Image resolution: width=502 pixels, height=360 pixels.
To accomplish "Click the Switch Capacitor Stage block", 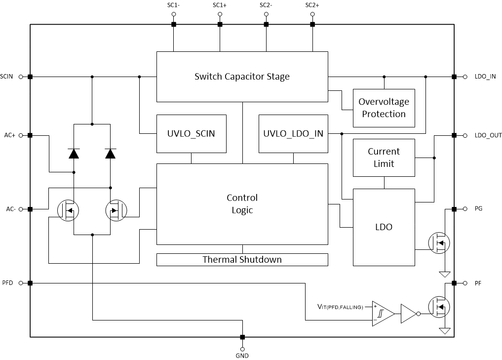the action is pyautogui.click(x=242, y=77).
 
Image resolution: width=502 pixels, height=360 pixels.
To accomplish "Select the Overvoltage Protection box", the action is pyautogui.click(x=384, y=108).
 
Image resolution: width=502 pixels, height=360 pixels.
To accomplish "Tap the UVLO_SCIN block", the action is pyautogui.click(x=191, y=133).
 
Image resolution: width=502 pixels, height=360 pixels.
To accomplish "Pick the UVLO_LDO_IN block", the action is pyautogui.click(x=293, y=133).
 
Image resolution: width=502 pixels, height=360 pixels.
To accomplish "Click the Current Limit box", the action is pyautogui.click(x=384, y=158).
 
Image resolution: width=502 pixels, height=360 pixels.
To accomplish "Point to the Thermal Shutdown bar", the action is pyautogui.click(x=242, y=259).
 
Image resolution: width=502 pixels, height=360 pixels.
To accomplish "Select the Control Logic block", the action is pyautogui.click(x=242, y=204).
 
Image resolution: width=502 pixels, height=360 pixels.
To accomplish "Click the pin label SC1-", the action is pyautogui.click(x=174, y=5).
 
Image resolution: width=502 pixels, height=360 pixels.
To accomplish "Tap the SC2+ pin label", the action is pyautogui.click(x=312, y=5).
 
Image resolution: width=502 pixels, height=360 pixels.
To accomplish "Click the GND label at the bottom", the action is pyautogui.click(x=242, y=356).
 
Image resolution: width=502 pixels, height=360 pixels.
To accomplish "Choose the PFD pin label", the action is pyautogui.click(x=8, y=283).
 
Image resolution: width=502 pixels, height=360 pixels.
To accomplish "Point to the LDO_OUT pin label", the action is pyautogui.click(x=488, y=135).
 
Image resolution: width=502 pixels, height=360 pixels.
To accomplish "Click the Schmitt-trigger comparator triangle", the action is pyautogui.click(x=383, y=314).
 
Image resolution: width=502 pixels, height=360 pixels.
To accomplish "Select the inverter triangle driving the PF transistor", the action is pyautogui.click(x=409, y=314).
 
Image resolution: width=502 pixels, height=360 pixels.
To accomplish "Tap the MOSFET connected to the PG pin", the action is pyautogui.click(x=439, y=243).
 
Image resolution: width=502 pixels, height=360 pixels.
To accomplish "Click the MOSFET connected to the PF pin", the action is pyautogui.click(x=439, y=307).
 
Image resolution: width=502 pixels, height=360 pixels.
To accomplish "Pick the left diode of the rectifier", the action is pyautogui.click(x=74, y=154).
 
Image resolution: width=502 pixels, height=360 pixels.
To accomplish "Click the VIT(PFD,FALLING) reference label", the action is pyautogui.click(x=340, y=307).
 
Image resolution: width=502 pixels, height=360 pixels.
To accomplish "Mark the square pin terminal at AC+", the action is pyautogui.click(x=30, y=135).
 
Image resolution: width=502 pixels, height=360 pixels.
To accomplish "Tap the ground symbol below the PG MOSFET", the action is pyautogui.click(x=445, y=275).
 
